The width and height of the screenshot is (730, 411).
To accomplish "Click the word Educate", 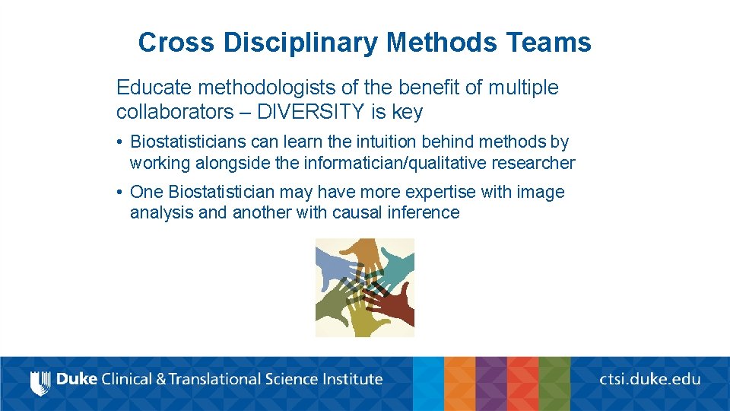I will pos(154,88).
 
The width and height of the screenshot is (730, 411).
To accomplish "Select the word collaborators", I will pos(174,112).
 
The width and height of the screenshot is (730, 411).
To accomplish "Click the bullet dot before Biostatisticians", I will pos(120,142).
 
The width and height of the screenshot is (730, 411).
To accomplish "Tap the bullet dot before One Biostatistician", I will pos(120,193).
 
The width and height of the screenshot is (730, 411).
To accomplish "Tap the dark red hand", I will pos(392,307).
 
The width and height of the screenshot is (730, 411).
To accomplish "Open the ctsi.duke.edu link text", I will pos(649,378).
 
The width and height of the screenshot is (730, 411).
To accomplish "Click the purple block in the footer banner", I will pos(491,384).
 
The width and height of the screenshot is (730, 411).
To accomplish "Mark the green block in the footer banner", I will pos(554,384).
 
